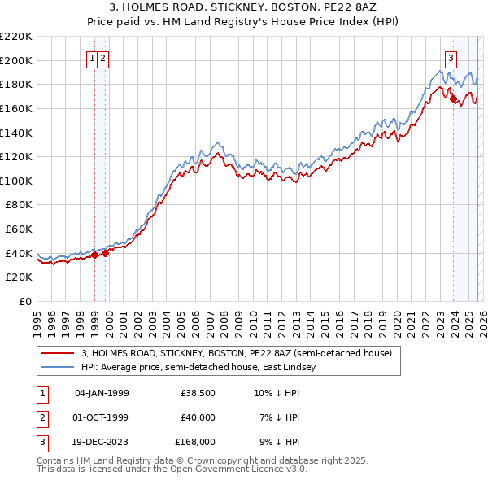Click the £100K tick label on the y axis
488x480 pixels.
16,181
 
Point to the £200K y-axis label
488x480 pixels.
16,60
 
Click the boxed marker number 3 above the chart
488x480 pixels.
451,58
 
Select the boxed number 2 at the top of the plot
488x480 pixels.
106,58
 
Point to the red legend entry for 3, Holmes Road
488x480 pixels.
237,353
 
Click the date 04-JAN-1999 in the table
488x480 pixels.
102,394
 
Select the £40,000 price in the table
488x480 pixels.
198,417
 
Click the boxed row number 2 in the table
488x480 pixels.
41,417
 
